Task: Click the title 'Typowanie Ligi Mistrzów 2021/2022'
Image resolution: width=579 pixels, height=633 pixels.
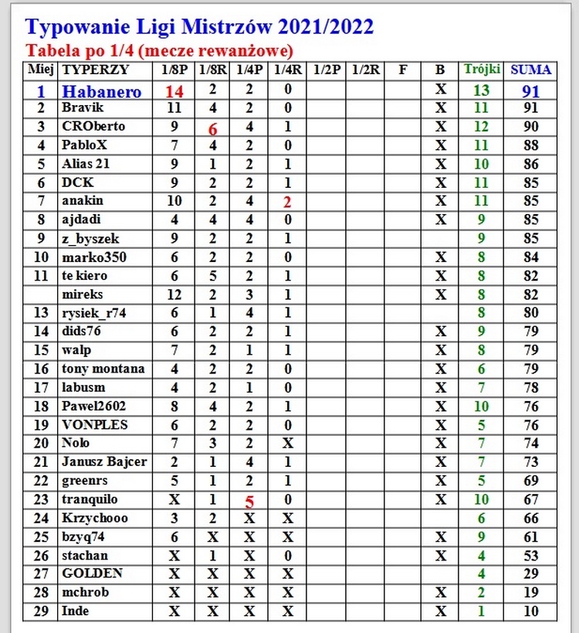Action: [x=199, y=27]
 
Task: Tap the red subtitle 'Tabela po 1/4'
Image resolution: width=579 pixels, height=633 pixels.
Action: [x=160, y=51]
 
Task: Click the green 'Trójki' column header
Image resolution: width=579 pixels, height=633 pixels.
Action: [x=481, y=70]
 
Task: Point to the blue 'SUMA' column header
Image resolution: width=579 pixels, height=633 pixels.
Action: [x=530, y=70]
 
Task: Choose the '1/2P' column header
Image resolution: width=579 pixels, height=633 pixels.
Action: [x=327, y=70]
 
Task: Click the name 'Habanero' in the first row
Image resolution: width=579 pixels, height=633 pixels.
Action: [x=102, y=91]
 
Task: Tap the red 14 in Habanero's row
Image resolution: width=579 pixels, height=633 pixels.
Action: [x=174, y=91]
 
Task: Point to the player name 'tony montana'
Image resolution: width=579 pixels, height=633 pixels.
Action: [x=103, y=369]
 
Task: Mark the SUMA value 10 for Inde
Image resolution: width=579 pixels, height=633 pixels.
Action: [x=530, y=611]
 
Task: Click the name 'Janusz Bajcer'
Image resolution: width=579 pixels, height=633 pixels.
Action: [x=104, y=462]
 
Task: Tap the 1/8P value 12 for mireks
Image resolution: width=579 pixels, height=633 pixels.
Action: [x=174, y=294]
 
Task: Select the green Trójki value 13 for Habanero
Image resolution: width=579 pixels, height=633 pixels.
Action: [x=481, y=91]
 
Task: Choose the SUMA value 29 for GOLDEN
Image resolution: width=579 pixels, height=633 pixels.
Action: [x=530, y=574]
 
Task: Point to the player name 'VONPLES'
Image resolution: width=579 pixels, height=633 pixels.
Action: [x=94, y=425]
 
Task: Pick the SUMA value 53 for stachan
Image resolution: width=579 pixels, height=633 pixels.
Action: [x=530, y=556]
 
